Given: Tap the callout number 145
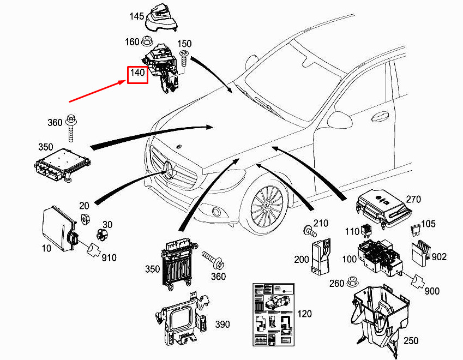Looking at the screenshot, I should [x=137, y=17].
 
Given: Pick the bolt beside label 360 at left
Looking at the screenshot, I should [x=71, y=128].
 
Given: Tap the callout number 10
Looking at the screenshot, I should [x=46, y=249].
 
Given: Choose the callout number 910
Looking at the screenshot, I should [x=109, y=257].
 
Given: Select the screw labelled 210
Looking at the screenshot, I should [x=310, y=231].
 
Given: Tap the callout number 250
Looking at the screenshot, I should [x=411, y=341].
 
